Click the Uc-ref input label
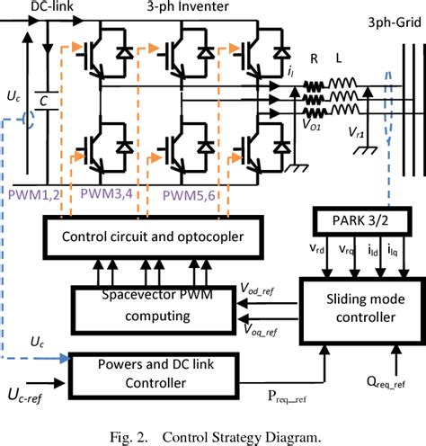[31, 393]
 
